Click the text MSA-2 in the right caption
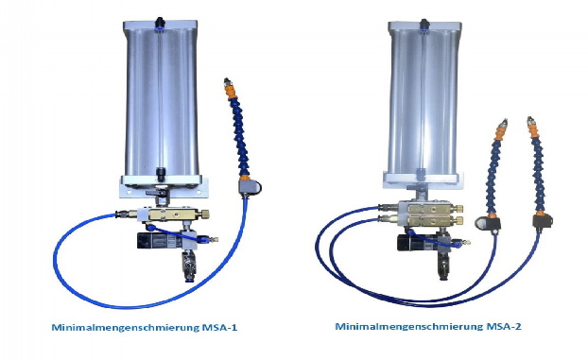[x=501, y=328]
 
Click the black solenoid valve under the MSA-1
[x=150, y=242]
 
